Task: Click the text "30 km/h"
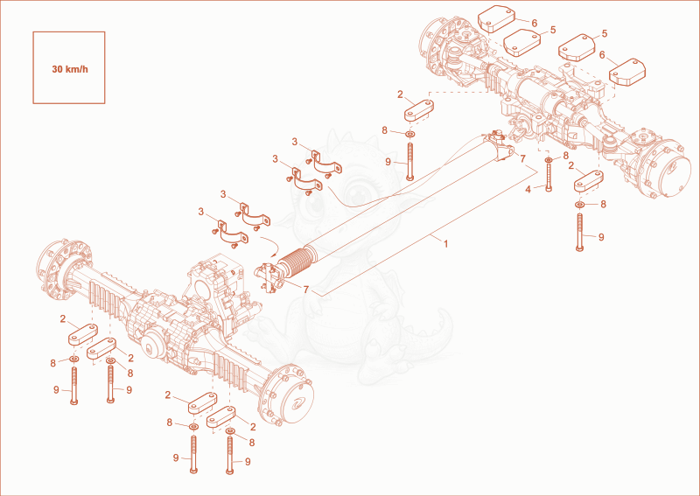tap(70, 69)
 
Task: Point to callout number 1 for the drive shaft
tap(445, 243)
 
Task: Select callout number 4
tap(528, 190)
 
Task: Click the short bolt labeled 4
tap(549, 178)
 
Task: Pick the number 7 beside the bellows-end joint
tap(305, 290)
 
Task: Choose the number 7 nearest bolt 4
tap(522, 158)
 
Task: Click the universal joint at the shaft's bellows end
tap(269, 277)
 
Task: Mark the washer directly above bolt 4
tap(549, 160)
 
